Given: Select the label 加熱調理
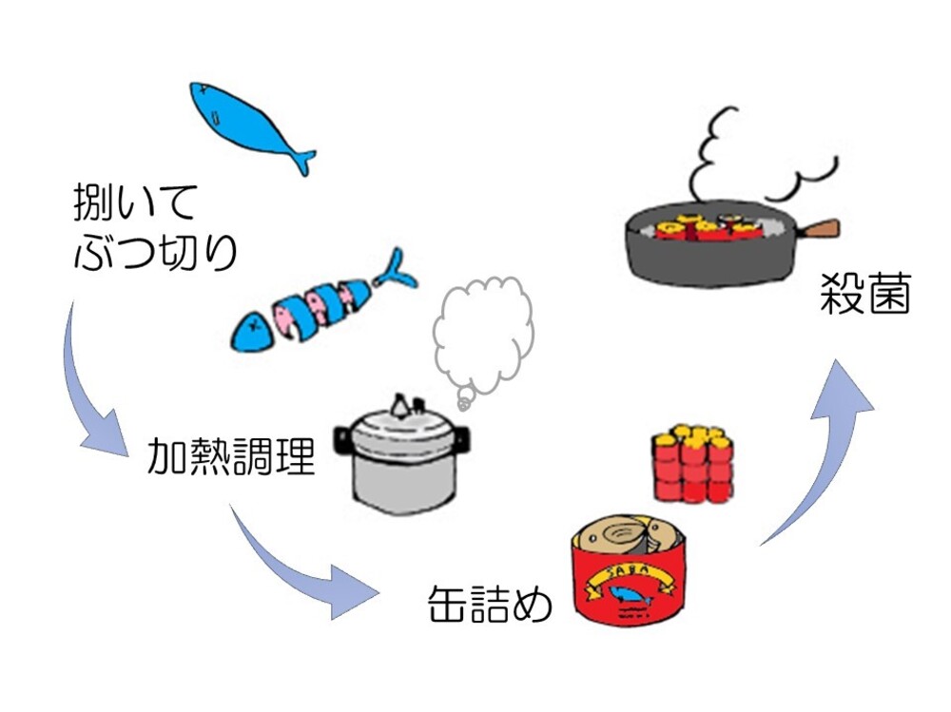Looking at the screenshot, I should [231, 457].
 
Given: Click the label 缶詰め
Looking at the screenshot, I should [490, 603].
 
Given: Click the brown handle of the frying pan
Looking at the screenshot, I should [819, 229].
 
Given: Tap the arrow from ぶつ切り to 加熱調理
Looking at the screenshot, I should [90, 390].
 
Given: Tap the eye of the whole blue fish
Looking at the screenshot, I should [217, 117].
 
